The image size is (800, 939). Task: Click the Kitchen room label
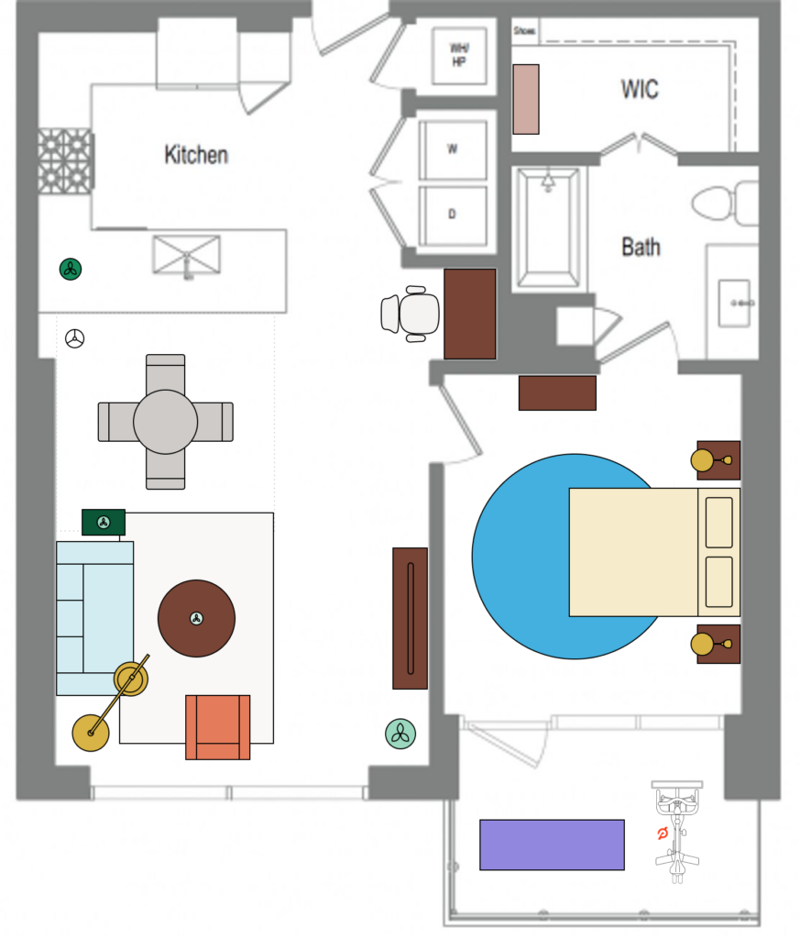pos(195,154)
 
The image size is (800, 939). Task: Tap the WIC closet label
pos(639,89)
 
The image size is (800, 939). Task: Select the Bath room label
pos(641,247)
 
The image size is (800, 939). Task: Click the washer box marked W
pos(452,149)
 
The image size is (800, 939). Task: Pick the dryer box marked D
pos(452,215)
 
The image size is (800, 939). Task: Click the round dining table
pos(165,422)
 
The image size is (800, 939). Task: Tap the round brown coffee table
pos(196,618)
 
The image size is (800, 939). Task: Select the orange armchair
pos(218,726)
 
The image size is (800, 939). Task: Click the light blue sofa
pos(94,617)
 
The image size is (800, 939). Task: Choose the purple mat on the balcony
pos(552,845)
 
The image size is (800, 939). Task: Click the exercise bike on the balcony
pos(676,833)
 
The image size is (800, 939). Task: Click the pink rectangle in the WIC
pos(525,98)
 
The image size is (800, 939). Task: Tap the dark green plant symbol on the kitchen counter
pos(71,269)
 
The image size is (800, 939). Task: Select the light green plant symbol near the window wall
pos(400,732)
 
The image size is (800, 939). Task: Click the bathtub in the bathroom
pos(547,227)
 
